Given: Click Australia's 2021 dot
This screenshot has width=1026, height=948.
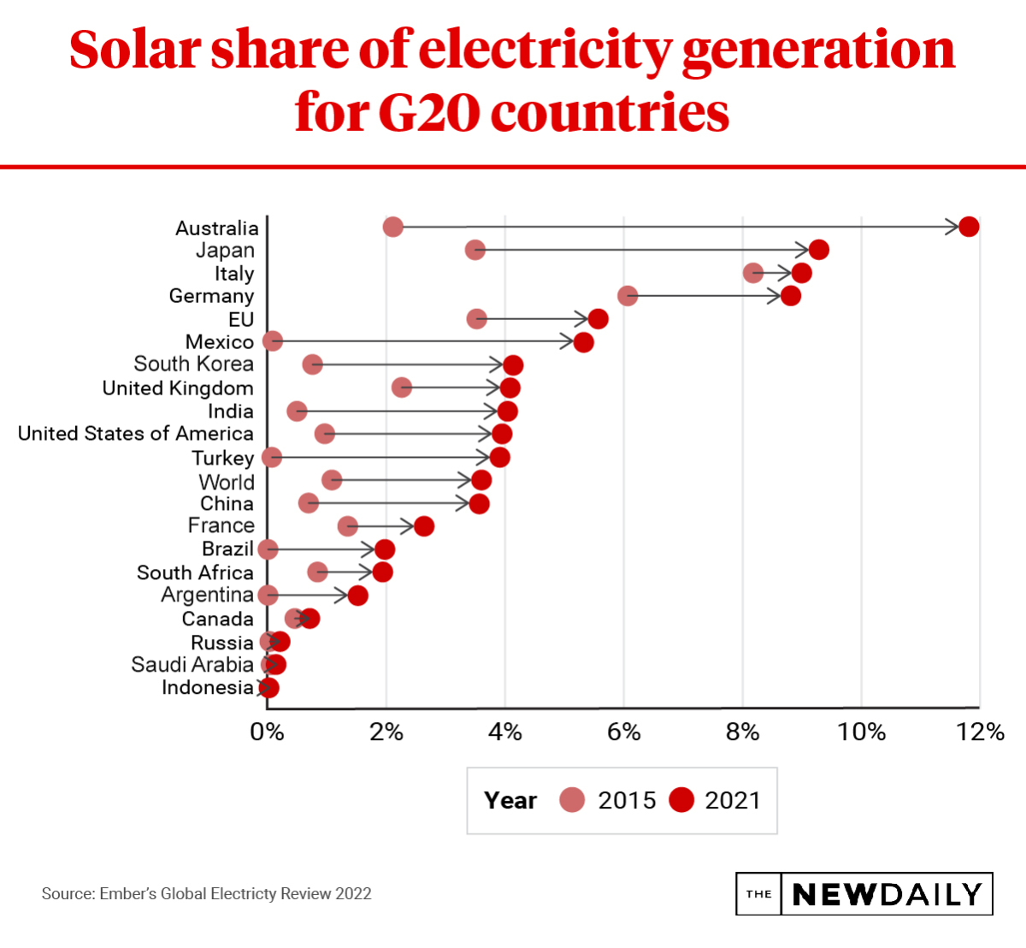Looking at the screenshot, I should click(x=969, y=227).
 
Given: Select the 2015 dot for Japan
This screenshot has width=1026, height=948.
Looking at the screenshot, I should click(x=475, y=250).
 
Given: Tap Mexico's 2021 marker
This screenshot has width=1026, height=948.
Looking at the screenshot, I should click(x=583, y=342).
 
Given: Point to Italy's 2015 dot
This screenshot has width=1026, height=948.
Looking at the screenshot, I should click(x=753, y=273).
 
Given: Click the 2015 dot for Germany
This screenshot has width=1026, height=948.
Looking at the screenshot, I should click(x=628, y=295).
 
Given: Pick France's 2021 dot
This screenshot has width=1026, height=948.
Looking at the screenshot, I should click(x=424, y=526).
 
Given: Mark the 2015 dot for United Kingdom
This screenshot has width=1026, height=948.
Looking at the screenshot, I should click(x=402, y=388).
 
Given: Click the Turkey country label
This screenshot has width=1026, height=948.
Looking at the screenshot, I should click(x=222, y=459).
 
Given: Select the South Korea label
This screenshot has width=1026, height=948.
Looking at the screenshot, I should click(x=194, y=364).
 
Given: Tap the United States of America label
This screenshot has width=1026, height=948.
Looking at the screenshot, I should click(x=136, y=434).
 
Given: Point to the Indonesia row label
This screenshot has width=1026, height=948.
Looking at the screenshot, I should click(x=208, y=688).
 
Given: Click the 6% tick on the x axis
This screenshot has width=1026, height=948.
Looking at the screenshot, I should click(x=624, y=732).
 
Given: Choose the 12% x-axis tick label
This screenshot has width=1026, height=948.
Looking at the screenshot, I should click(x=980, y=732).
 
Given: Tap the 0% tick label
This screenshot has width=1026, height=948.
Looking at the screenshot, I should click(x=268, y=732).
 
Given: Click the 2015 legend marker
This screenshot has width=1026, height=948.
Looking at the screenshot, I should click(x=572, y=800).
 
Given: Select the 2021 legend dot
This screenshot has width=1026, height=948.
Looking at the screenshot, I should click(x=681, y=800).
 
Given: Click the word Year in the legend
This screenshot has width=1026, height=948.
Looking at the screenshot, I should click(x=510, y=800).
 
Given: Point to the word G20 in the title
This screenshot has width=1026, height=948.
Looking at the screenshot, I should click(x=428, y=112).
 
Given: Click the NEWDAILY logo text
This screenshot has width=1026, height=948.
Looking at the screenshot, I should click(x=887, y=894).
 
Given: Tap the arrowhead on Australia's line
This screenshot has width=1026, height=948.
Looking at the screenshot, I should click(x=954, y=227).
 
